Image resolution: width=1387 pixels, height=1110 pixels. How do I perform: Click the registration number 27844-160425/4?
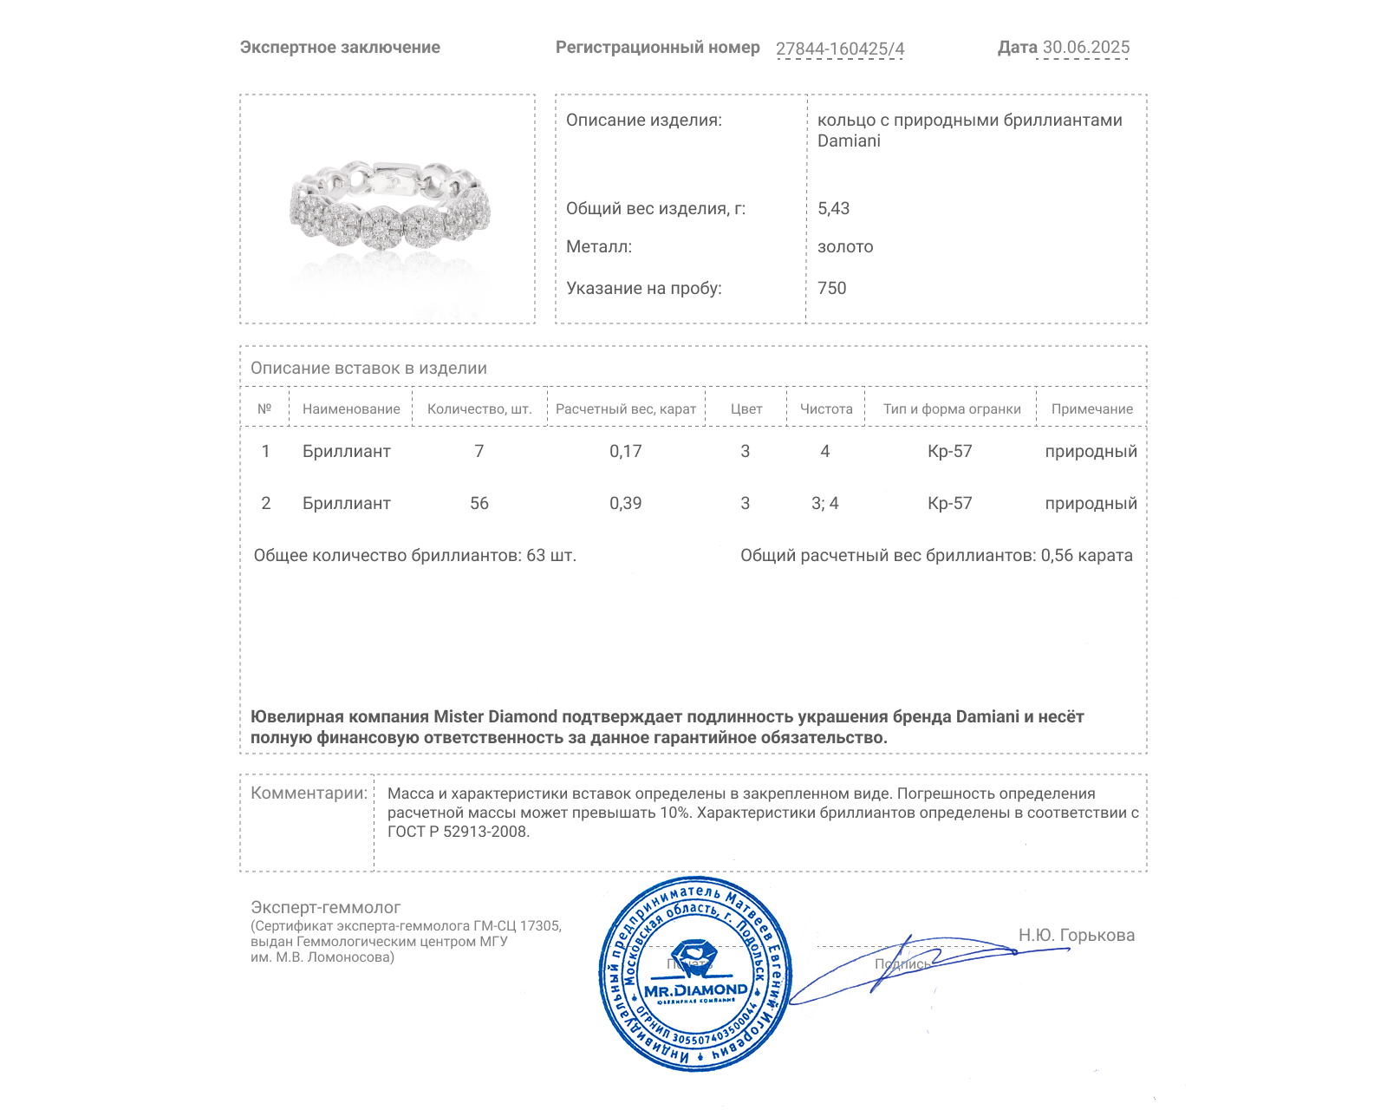pyautogui.click(x=839, y=49)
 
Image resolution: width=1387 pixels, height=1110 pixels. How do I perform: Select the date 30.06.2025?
pyautogui.click(x=1085, y=48)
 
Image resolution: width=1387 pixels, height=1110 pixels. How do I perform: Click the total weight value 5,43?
pyautogui.click(x=833, y=208)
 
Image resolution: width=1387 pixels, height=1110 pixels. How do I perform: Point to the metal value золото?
pyautogui.click(x=845, y=246)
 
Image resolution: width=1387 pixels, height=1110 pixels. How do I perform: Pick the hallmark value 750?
pyautogui.click(x=831, y=288)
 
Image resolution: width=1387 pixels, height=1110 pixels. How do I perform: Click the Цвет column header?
pyautogui.click(x=746, y=409)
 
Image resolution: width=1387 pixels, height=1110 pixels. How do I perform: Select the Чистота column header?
pyautogui.click(x=825, y=409)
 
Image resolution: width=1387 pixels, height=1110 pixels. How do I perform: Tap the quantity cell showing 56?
pyautogui.click(x=479, y=503)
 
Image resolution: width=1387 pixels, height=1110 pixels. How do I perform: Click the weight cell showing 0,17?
pyautogui.click(x=625, y=451)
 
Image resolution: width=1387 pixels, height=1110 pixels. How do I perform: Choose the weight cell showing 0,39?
pyautogui.click(x=625, y=503)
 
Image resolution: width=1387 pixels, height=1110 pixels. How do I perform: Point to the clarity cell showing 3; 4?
pyautogui.click(x=824, y=503)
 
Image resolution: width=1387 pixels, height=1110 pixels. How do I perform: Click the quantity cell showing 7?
pyautogui.click(x=479, y=451)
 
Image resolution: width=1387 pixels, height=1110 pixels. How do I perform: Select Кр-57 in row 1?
pyautogui.click(x=949, y=451)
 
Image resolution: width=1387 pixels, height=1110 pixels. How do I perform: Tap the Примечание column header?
pyautogui.click(x=1091, y=409)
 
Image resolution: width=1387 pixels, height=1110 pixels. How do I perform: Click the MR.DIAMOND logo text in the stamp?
pyautogui.click(x=695, y=990)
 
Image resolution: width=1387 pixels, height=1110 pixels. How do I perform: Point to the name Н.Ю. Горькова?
pyautogui.click(x=1076, y=935)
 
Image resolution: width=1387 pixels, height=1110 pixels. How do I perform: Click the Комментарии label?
pyautogui.click(x=309, y=793)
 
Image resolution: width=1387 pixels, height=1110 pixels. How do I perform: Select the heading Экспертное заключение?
pyautogui.click(x=340, y=48)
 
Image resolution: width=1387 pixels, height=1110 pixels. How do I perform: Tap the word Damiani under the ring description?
pyautogui.click(x=849, y=140)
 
